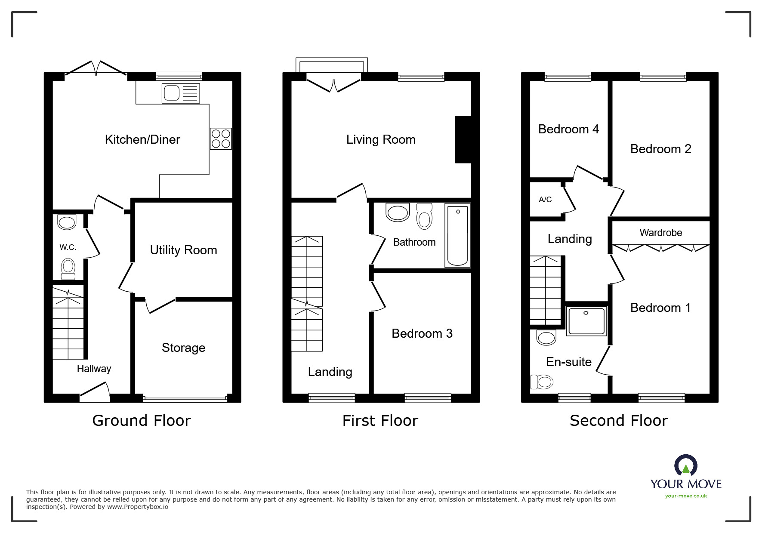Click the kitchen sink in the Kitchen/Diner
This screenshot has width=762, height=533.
180,93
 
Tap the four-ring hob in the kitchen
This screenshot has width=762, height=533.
221,139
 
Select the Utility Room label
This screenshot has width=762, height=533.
183,250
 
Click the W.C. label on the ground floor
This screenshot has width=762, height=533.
68,247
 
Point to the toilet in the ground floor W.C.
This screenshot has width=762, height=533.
68,268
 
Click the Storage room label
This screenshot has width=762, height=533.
183,348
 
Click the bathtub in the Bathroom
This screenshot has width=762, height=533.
457,235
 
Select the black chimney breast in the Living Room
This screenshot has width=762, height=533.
463,139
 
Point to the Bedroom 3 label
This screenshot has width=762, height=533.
422,333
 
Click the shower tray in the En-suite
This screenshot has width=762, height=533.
586,321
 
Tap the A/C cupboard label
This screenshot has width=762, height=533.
545,200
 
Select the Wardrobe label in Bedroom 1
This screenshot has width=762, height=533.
660,233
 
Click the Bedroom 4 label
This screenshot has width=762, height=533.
568,129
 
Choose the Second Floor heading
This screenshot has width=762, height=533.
619,420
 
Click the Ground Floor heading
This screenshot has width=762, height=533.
142,420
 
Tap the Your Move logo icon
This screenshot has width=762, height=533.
685,465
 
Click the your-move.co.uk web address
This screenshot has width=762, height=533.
686,496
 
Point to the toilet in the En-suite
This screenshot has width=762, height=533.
542,382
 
